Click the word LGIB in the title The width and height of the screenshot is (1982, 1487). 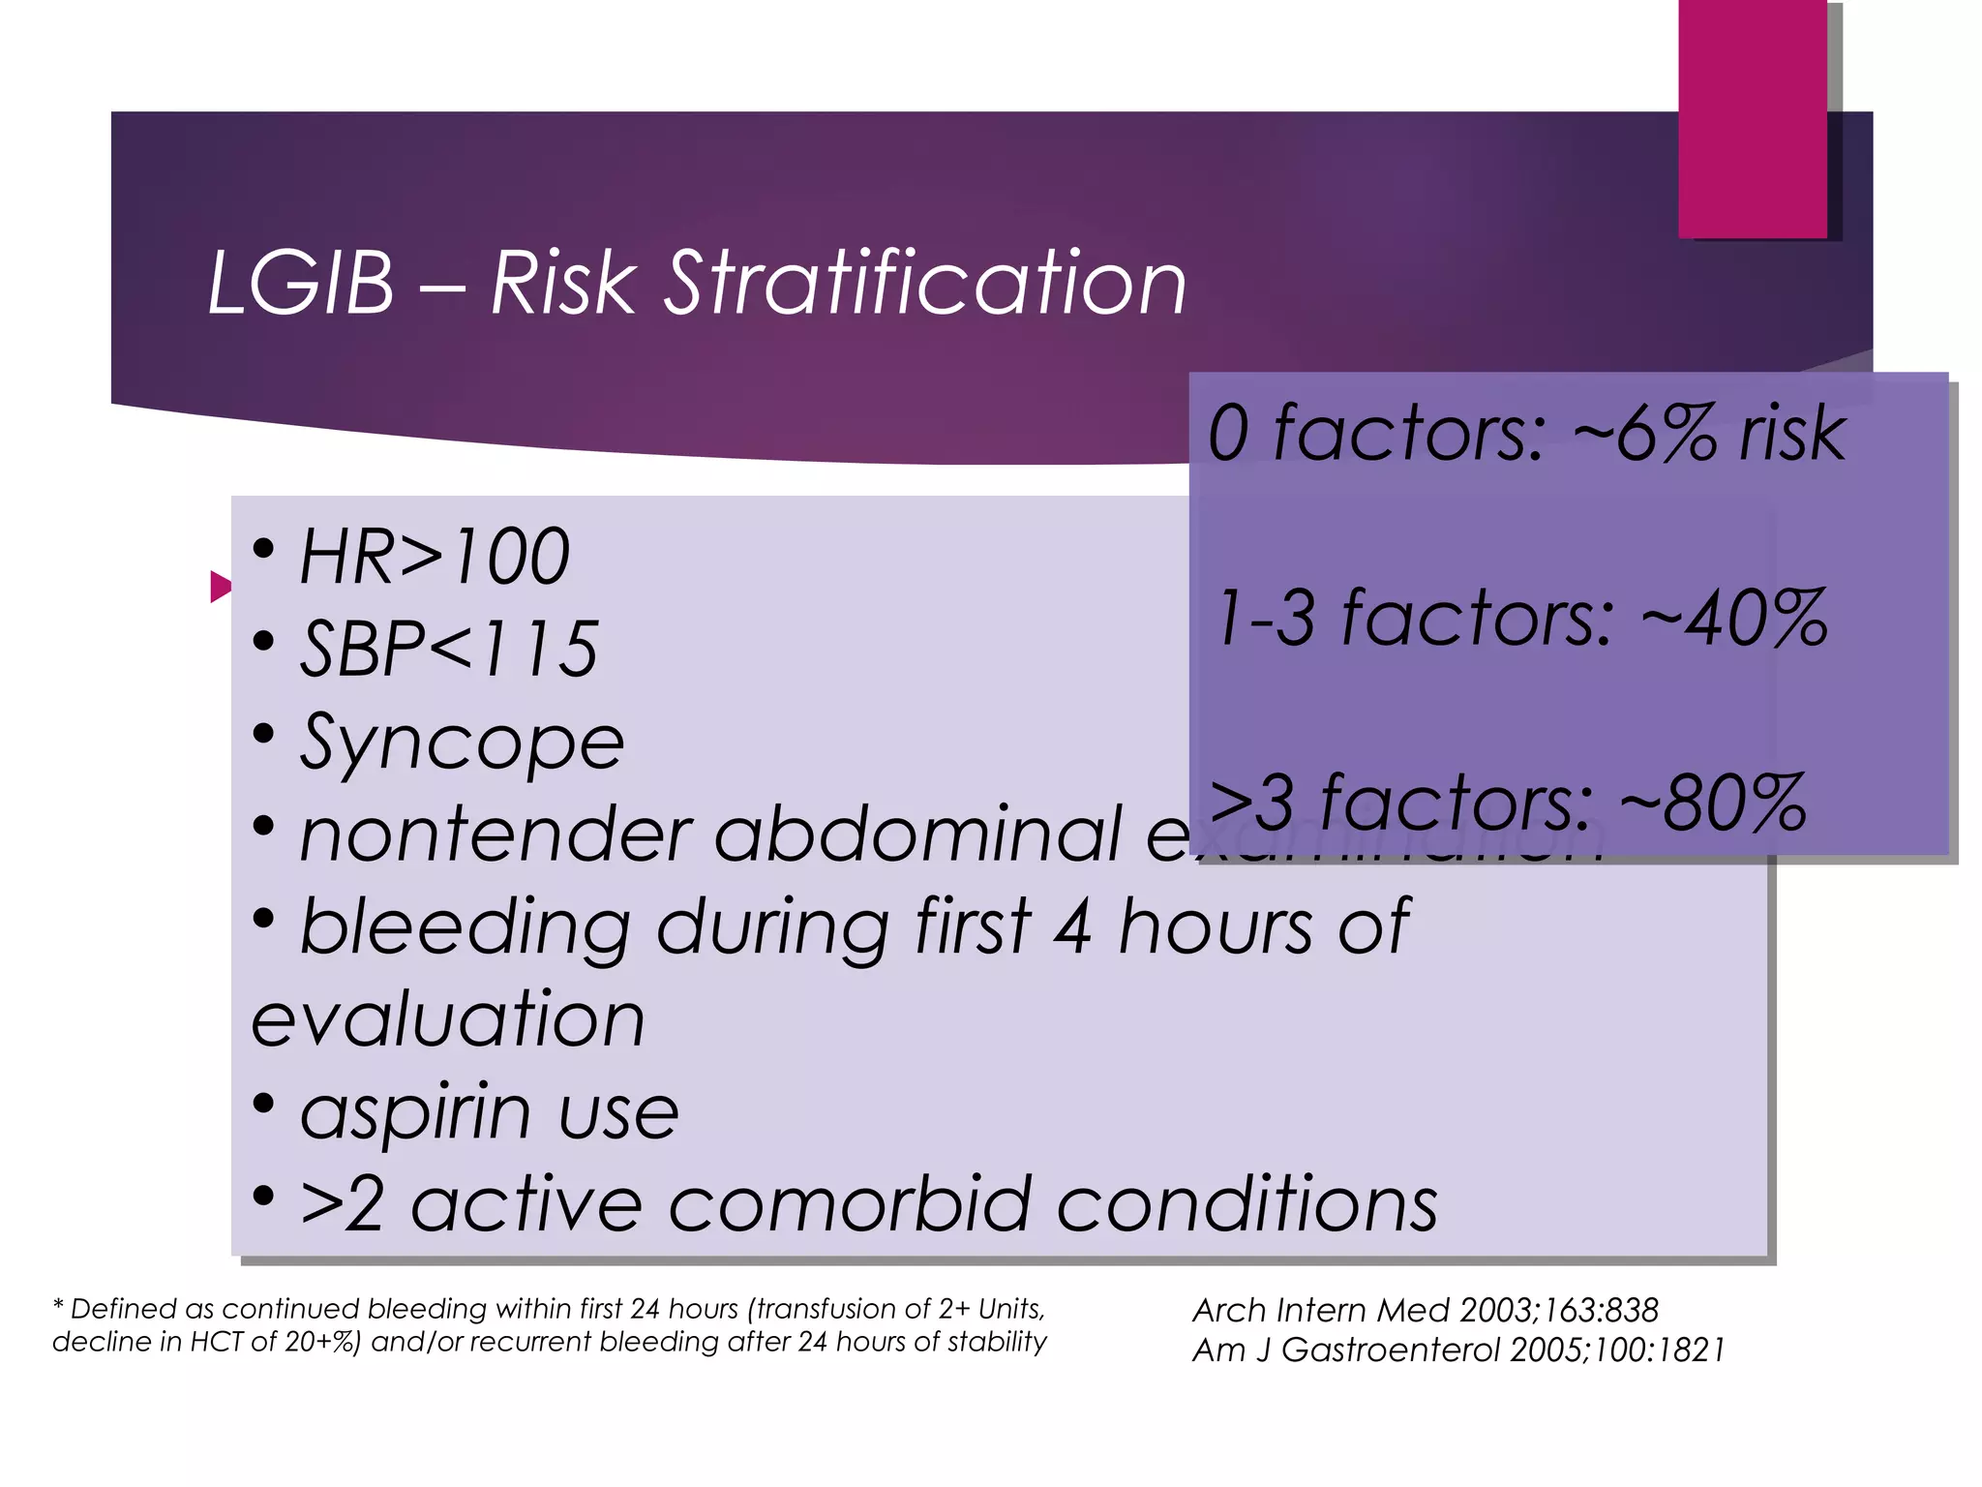click(x=301, y=283)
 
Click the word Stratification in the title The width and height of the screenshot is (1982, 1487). click(x=924, y=283)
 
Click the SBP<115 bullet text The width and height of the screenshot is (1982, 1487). click(x=448, y=649)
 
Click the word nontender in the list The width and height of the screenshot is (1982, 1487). click(x=494, y=834)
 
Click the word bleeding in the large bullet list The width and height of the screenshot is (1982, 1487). click(x=465, y=927)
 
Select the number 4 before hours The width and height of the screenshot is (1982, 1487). click(x=1073, y=927)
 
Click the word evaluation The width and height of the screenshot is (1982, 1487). click(x=447, y=1018)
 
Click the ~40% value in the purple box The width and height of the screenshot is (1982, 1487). click(x=1733, y=618)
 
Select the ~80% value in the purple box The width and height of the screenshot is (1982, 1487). click(x=1713, y=803)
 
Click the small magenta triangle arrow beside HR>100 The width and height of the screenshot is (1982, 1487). click(x=221, y=587)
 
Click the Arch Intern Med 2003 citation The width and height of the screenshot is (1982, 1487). click(x=1425, y=1310)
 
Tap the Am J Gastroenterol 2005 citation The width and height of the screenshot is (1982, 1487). click(x=1457, y=1350)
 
